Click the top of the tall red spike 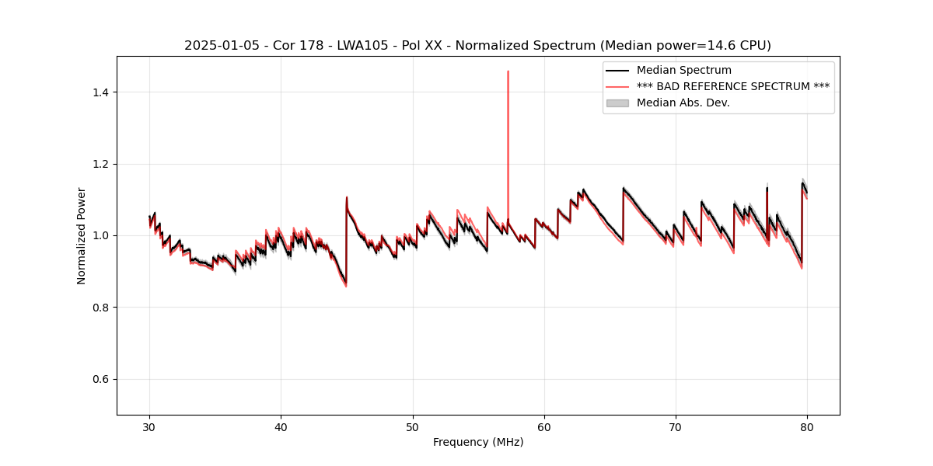[x=508, y=71]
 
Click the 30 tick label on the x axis [x=150, y=427]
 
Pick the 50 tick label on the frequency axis [x=413, y=427]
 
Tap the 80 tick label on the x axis [x=807, y=427]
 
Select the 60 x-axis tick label [x=544, y=427]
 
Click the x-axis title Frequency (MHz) [x=478, y=442]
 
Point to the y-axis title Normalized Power [x=82, y=235]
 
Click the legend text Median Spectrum [x=683, y=71]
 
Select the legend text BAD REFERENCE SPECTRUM [x=733, y=86]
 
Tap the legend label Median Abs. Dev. [x=683, y=103]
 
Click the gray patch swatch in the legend [x=618, y=103]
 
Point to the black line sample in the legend [x=618, y=71]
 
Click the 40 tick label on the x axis [x=281, y=427]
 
